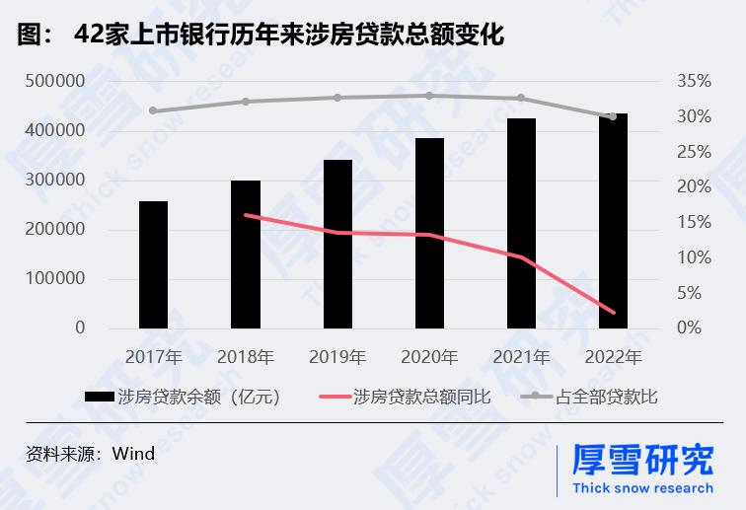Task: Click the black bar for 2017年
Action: coord(153,264)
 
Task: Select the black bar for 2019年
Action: coord(337,244)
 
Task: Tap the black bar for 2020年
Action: coord(429,233)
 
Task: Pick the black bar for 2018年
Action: coord(246,255)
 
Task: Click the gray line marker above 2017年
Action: coord(153,110)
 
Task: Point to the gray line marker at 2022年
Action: coord(613,116)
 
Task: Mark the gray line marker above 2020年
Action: coord(429,96)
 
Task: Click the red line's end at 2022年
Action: coord(613,313)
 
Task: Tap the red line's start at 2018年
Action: coord(246,215)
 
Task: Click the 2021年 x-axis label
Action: coord(521,356)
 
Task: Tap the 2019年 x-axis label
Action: coord(337,356)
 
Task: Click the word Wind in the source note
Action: coord(134,454)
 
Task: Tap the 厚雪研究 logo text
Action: coord(642,461)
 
